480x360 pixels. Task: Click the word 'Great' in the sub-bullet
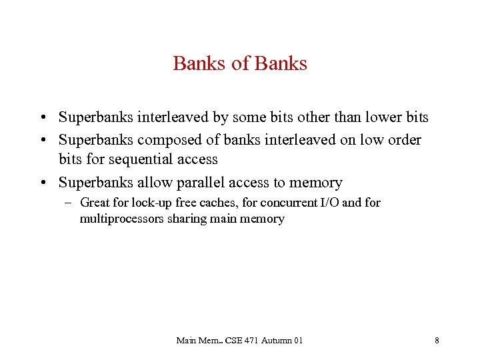click(x=94, y=203)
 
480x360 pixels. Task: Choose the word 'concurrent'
click(x=281, y=203)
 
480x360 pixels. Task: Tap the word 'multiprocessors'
click(x=120, y=219)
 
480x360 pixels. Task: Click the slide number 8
click(x=437, y=341)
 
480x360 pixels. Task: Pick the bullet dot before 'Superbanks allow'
click(x=41, y=183)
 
